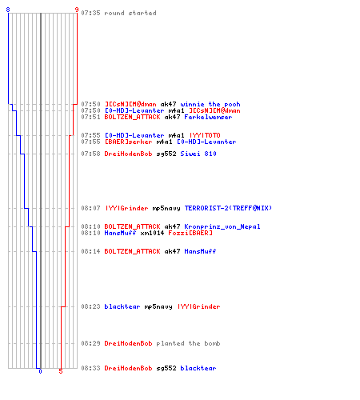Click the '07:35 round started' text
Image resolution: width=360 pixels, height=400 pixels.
coord(118,13)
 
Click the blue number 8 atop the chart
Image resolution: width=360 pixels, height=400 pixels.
coord(8,10)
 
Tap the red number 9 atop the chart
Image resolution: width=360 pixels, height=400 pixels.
coord(77,10)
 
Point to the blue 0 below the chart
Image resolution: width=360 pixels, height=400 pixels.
coord(40,371)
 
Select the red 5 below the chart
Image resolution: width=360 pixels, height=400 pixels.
coord(61,371)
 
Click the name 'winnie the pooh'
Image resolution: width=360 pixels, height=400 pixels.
coord(210,104)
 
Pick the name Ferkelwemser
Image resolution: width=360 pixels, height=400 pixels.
coord(208,117)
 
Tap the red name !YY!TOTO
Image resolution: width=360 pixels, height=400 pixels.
coord(205,135)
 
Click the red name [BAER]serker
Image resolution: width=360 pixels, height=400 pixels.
coord(128,142)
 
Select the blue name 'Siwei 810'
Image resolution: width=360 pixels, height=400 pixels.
coord(198,154)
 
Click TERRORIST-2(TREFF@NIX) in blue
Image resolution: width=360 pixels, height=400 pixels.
coord(228,208)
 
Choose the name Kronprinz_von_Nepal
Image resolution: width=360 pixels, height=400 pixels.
coord(222,226)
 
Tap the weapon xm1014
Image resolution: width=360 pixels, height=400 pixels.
coord(152,233)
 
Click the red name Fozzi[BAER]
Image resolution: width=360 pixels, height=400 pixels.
coord(190,233)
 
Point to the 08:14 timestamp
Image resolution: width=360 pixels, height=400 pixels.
coord(90,251)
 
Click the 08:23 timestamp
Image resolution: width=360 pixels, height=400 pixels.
coord(90,306)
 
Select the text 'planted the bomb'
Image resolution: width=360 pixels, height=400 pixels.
coord(188,343)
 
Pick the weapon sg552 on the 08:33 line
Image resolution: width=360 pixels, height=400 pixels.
coord(166,368)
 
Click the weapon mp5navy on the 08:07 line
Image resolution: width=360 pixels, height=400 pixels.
coord(166,208)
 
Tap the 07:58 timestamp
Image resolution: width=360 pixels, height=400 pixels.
coord(90,154)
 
